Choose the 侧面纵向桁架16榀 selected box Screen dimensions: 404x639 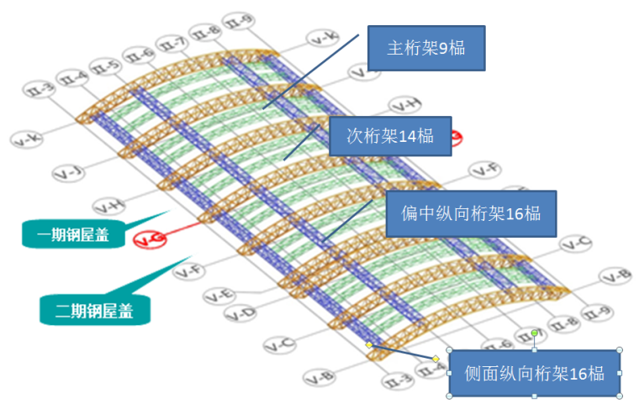click(x=535, y=374)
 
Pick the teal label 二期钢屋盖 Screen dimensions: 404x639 click(x=97, y=309)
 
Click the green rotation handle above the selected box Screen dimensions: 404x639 click(x=534, y=333)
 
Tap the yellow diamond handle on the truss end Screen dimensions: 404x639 click(x=369, y=344)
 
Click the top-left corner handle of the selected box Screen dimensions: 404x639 click(x=449, y=350)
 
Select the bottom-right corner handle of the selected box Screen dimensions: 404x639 click(x=620, y=396)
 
